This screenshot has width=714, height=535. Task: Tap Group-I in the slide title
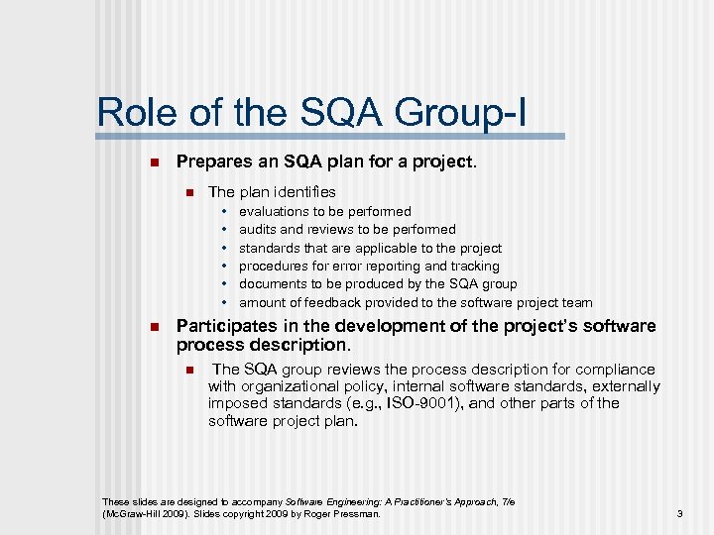468,112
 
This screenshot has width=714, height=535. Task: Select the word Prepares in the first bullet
209,161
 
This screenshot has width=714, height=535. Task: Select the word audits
258,229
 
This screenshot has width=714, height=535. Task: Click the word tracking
475,266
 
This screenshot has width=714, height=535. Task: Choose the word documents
274,283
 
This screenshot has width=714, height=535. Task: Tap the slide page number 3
679,513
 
